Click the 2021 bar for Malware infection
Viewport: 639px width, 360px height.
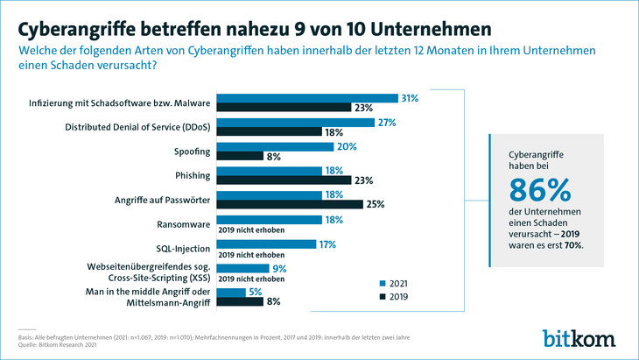307,98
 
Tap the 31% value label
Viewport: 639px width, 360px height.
409,98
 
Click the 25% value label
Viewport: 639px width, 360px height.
374,205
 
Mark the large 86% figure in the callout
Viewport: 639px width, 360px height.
539,189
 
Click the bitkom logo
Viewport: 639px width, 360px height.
579,335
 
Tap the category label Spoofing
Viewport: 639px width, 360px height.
185,152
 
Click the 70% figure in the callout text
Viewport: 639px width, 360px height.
573,245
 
